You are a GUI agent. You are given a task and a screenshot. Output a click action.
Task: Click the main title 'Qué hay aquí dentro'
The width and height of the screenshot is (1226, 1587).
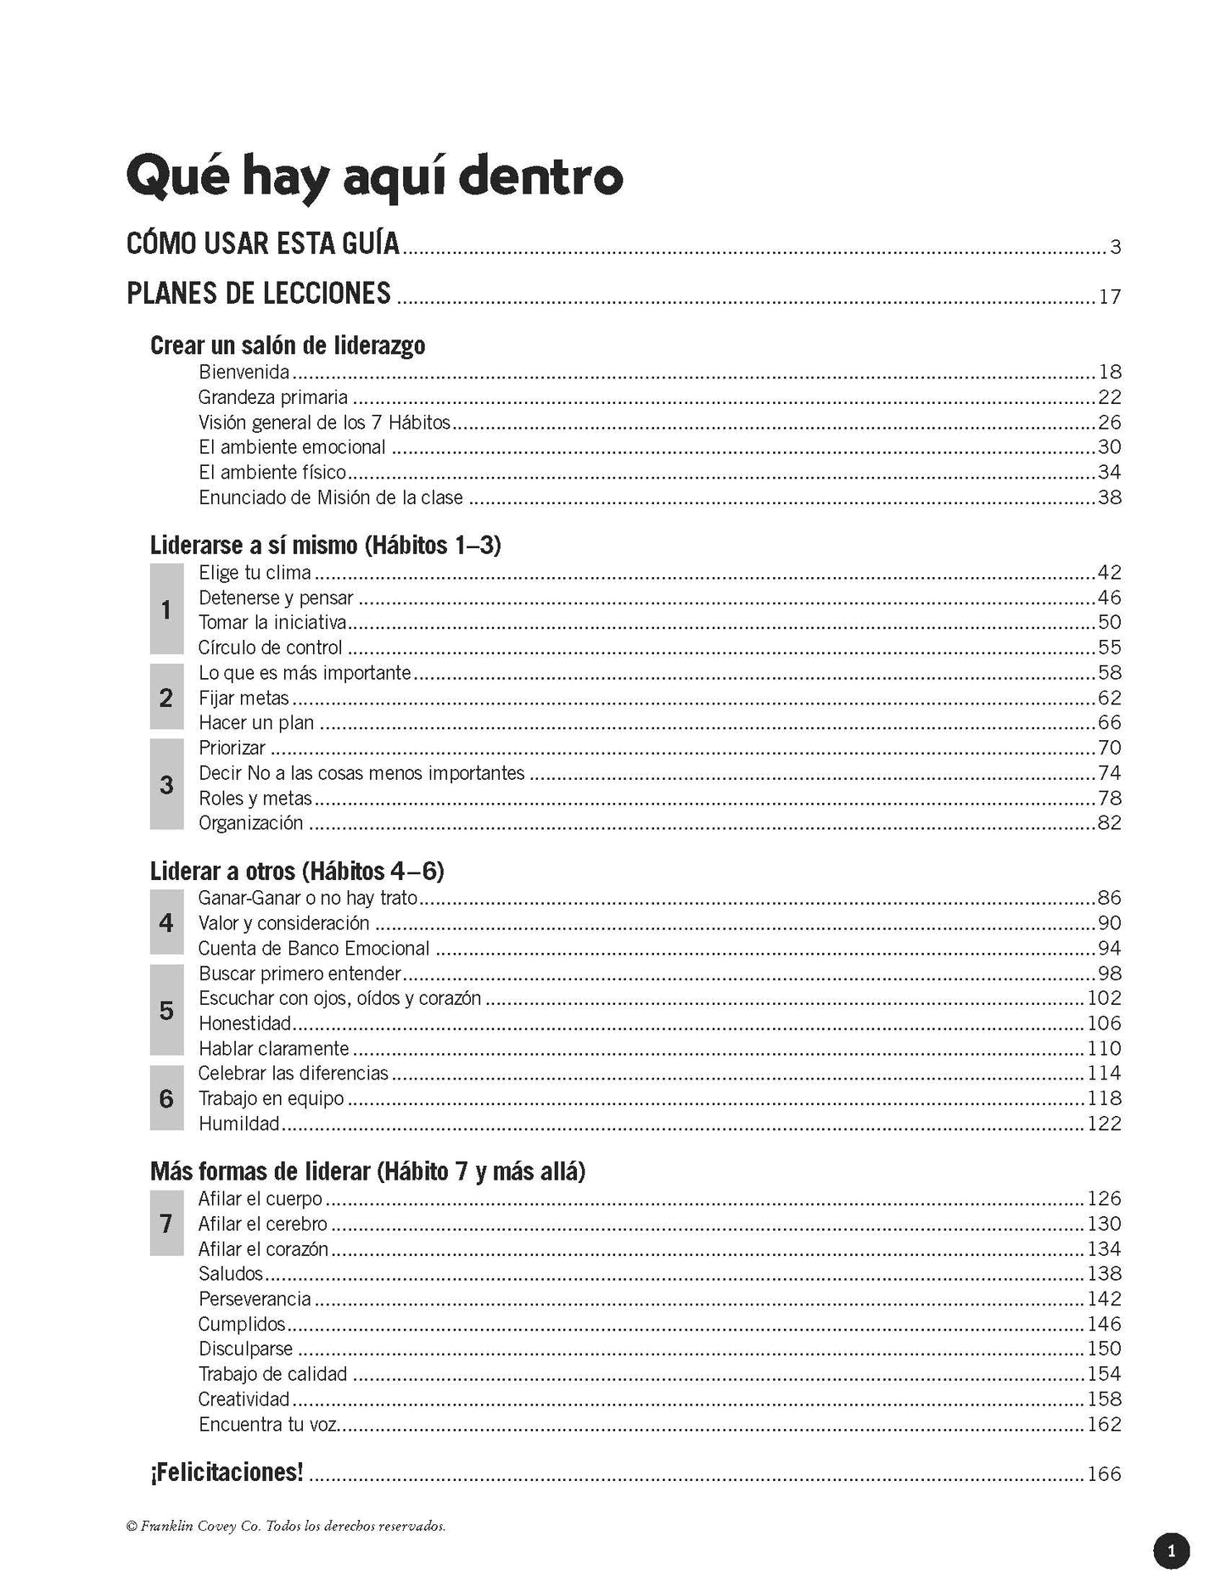tap(373, 177)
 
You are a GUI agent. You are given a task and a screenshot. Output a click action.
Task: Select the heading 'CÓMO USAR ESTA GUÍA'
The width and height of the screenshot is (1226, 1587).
tap(262, 244)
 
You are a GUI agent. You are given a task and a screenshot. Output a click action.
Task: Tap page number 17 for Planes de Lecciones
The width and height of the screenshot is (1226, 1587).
tap(1110, 297)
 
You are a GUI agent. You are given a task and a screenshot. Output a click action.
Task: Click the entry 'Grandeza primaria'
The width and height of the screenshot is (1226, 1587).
tap(272, 397)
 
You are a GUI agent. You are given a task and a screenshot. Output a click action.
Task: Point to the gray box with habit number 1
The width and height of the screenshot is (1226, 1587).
tap(166, 609)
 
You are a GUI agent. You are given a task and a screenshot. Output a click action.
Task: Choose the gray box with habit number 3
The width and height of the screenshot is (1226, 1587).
tap(166, 784)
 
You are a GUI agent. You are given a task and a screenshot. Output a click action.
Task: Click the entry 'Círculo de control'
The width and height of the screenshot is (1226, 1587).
tap(270, 648)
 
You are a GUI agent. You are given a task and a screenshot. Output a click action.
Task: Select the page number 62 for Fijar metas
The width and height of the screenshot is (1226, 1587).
tap(1110, 698)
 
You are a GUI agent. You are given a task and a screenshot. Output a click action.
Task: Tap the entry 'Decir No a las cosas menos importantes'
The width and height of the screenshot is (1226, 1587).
tap(361, 773)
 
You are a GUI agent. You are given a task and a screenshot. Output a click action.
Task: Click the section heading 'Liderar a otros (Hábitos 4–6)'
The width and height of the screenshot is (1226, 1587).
tap(297, 872)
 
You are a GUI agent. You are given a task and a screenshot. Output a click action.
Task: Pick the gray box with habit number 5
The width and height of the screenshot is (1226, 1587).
tap(166, 1010)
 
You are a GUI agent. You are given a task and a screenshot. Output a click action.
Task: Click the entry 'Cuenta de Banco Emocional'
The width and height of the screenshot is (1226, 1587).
tap(314, 948)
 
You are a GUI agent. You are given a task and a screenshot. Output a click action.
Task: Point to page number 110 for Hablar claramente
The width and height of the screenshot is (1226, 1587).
tap(1105, 1048)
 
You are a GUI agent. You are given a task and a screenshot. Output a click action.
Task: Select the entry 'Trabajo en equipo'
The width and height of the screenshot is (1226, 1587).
tap(271, 1098)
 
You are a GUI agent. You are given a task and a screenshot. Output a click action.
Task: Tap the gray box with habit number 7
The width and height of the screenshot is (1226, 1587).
tap(166, 1223)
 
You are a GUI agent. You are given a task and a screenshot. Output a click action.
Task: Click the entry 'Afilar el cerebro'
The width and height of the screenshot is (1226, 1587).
tap(262, 1224)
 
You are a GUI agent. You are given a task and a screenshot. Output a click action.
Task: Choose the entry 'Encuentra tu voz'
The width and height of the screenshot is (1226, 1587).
tap(268, 1424)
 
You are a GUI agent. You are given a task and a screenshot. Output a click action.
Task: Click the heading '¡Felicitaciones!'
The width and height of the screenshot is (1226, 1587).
tap(227, 1472)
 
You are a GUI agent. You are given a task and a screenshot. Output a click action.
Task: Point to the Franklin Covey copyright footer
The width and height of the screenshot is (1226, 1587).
tap(285, 1526)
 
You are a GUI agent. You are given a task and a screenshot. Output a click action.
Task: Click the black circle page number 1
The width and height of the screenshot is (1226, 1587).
tap(1172, 1551)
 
